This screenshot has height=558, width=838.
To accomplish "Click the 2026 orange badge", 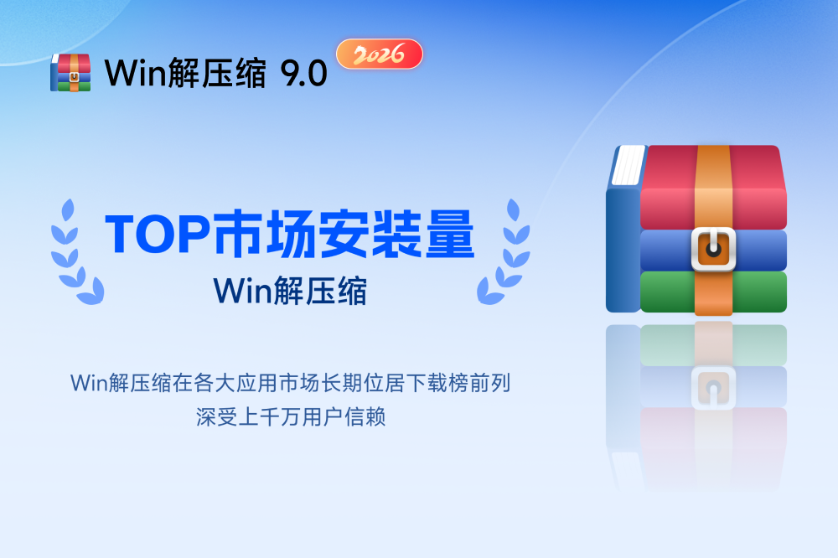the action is (380, 54).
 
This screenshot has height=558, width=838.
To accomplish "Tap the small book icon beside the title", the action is (70, 73).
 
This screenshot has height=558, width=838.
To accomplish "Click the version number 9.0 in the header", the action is (303, 73).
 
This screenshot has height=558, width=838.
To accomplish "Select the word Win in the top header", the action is (136, 73).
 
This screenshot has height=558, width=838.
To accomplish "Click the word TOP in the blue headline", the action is (158, 234).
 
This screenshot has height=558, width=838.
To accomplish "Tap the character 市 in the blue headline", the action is (238, 234).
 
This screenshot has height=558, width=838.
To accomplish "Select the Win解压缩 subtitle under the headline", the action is (290, 292).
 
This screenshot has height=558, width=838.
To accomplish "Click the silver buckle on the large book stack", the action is (713, 249).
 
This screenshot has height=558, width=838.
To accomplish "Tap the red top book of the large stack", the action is (713, 187).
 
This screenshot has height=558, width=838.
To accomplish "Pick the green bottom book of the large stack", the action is (713, 292).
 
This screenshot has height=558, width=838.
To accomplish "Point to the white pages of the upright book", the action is (628, 165).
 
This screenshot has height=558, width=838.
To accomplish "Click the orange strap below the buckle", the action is (713, 293).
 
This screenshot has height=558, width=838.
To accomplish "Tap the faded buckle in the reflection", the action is (713, 388).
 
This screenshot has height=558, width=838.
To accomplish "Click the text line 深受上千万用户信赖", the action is (290, 417).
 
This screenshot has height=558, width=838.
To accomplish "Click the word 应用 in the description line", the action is (257, 383).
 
